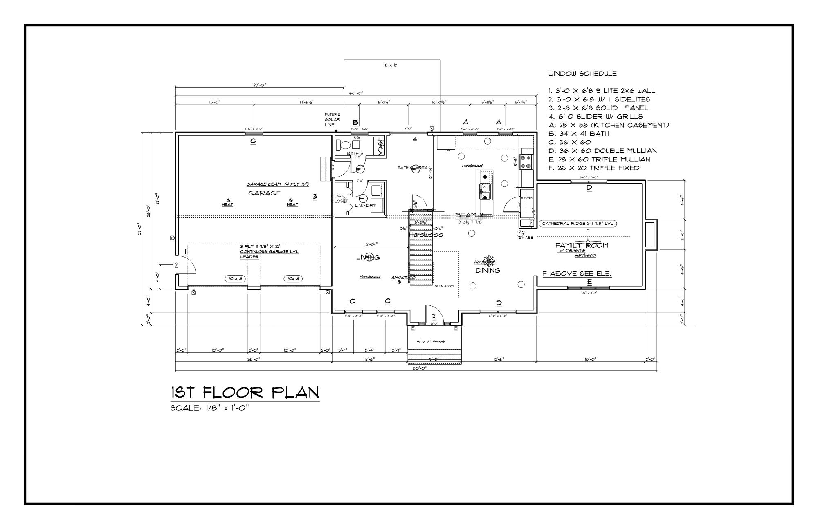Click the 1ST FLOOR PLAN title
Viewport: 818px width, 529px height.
[245, 393]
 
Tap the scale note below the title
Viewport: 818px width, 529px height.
[209, 408]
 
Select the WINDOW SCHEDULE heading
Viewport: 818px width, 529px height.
[582, 74]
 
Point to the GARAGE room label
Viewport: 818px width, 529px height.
[264, 193]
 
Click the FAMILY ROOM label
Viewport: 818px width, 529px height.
[581, 245]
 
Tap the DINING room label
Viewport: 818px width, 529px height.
[488, 270]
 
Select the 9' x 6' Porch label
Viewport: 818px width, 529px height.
[431, 342]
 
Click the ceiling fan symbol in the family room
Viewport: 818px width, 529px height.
[588, 242]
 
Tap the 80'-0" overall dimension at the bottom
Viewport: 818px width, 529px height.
[416, 368]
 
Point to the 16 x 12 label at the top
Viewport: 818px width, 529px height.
[390, 65]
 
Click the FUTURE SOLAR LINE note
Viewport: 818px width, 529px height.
[332, 119]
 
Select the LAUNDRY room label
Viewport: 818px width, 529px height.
[365, 205]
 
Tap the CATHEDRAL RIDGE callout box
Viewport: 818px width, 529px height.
[578, 224]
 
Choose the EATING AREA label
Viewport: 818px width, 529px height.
[412, 168]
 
